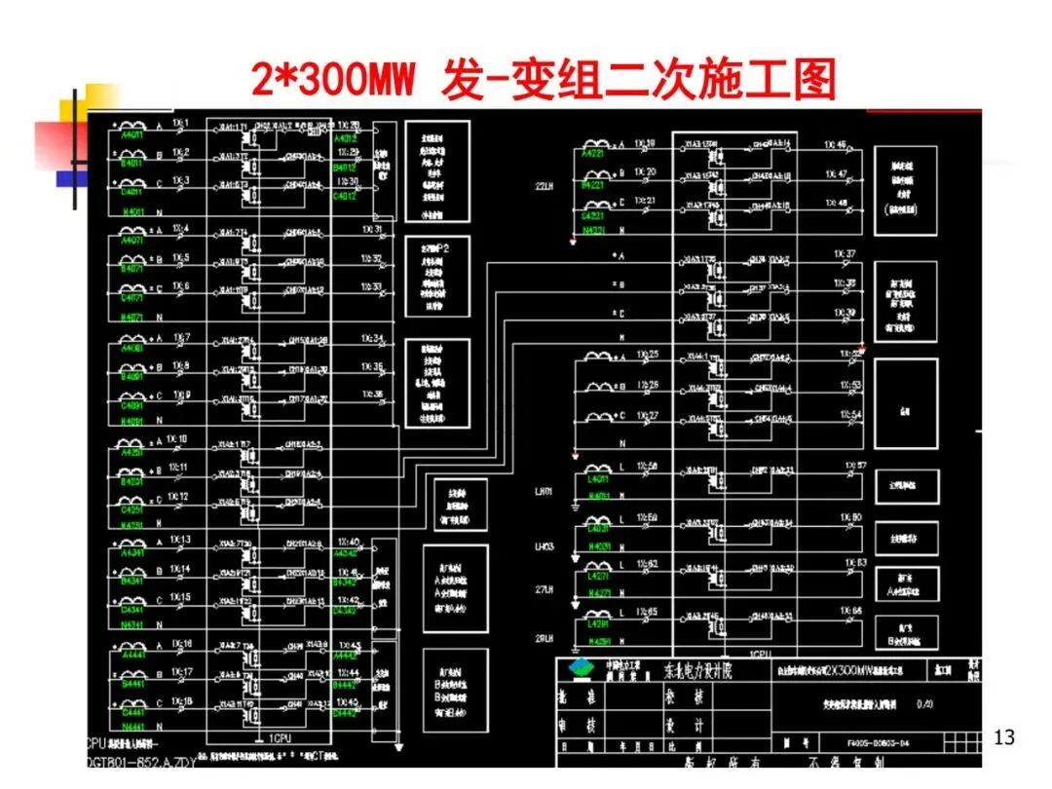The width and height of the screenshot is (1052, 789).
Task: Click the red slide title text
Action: [x=544, y=80]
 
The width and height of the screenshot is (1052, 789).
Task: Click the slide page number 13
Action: [x=1003, y=737]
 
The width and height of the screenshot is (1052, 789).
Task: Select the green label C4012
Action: [x=346, y=196]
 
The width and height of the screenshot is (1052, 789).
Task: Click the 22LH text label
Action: [x=545, y=185]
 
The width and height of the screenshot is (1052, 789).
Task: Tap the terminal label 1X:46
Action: [x=835, y=145]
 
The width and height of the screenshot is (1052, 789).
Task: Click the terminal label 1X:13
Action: [x=180, y=539]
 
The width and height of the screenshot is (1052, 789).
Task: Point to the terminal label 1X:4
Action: [x=180, y=229]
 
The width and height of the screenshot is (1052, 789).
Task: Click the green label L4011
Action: [x=599, y=480]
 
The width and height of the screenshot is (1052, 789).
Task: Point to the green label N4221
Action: [x=593, y=230]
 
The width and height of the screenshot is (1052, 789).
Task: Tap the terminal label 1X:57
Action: [x=854, y=466]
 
